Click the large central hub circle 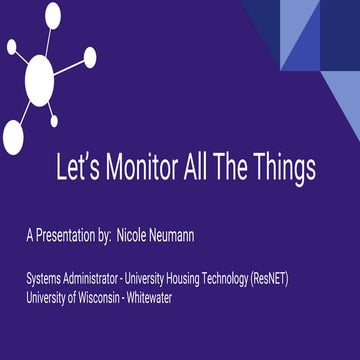[39, 74]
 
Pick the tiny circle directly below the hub [51, 120]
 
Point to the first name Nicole [150, 239]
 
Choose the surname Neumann [196, 239]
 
